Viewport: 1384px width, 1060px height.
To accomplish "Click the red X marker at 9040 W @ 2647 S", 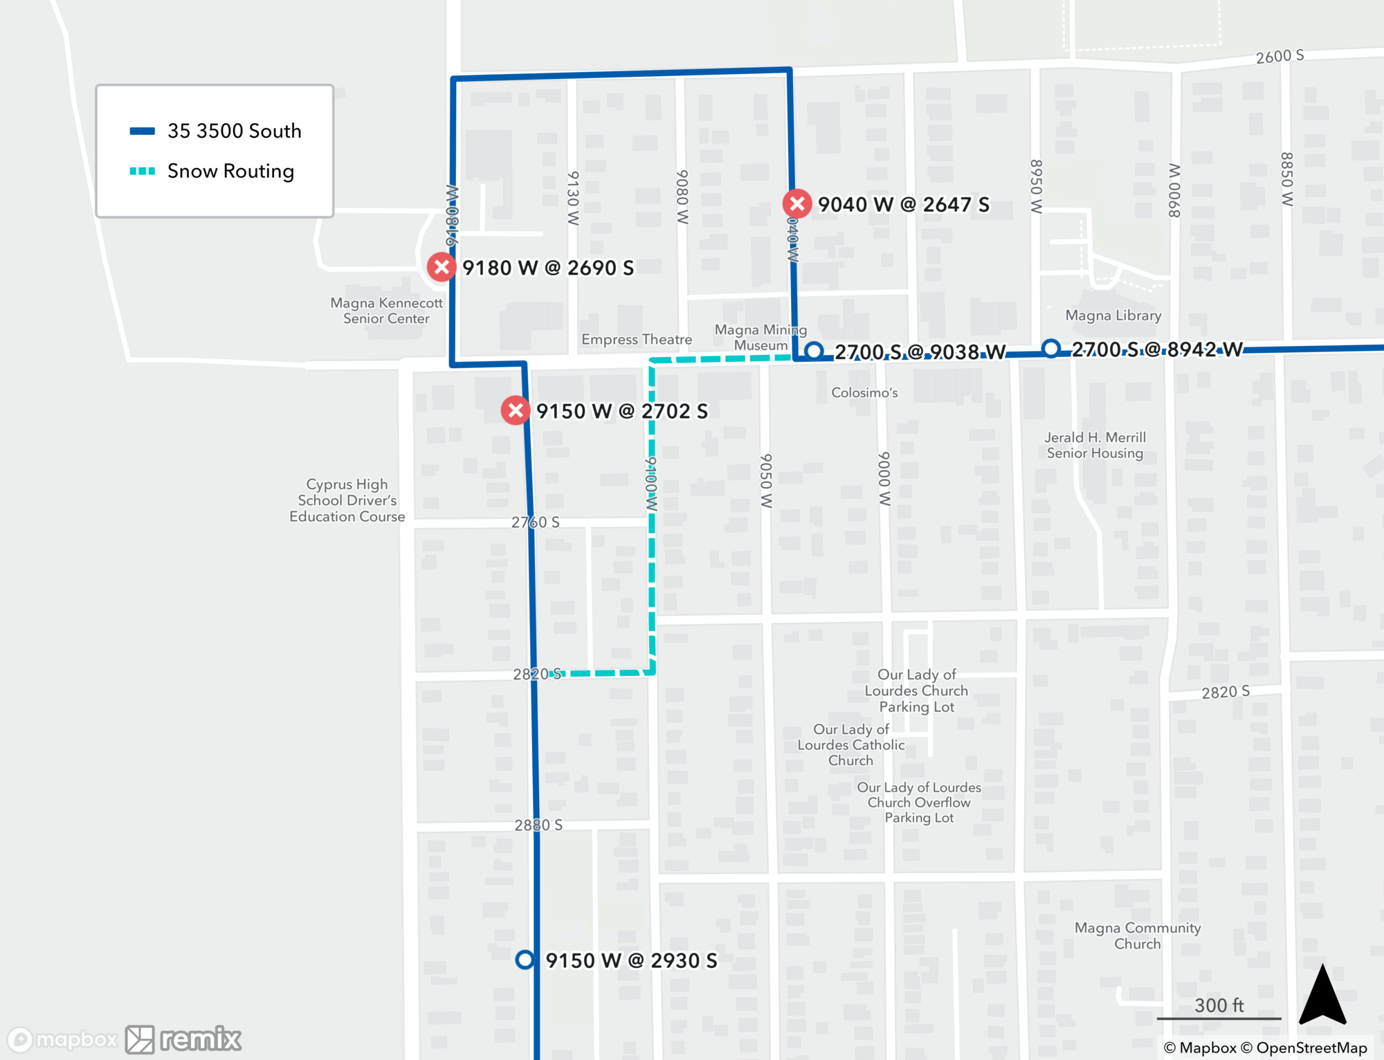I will pos(797,203).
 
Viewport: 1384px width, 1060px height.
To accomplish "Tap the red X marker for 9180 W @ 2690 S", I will pos(441,267).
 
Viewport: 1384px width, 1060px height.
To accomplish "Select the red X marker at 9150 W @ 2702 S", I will pos(516,410).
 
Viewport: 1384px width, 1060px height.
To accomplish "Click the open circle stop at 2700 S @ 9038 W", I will pos(814,351).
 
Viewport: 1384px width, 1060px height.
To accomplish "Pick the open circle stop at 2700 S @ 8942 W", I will pos(1050,348).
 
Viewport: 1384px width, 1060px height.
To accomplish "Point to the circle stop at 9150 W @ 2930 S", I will pos(525,960).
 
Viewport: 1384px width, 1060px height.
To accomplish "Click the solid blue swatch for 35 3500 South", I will pos(143,131).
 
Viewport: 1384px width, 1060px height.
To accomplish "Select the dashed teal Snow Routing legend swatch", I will pos(143,171).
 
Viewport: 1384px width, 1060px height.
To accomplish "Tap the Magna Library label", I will pos(1113,316).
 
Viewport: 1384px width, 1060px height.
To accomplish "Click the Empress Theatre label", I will pos(637,340).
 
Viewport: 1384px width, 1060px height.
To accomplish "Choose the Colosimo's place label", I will pos(864,393).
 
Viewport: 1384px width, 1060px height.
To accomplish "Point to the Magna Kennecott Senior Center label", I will pos(386,311).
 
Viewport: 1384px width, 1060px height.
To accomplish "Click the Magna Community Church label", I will pos(1137,935).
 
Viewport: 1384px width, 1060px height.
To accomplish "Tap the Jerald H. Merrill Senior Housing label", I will pos(1095,445).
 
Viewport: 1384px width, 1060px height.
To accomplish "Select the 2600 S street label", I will pos(1280,56).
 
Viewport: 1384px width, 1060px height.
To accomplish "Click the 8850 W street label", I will pos(1286,179).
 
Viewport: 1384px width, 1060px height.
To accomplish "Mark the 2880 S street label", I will pos(538,825).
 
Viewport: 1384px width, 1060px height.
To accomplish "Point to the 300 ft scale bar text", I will pos(1219,1005).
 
